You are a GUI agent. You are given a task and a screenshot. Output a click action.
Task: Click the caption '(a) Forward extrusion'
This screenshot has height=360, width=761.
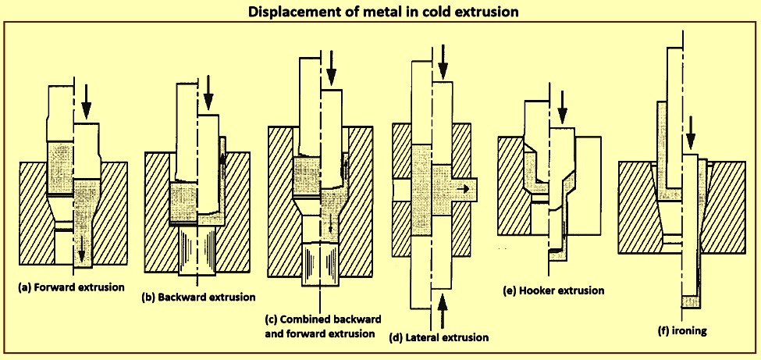(71, 287)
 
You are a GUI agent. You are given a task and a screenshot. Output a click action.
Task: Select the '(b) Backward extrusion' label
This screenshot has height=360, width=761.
(198, 297)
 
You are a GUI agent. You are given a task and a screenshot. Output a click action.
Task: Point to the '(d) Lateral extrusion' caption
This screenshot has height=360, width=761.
(439, 337)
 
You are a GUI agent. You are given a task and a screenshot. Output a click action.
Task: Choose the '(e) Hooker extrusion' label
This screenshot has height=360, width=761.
(554, 290)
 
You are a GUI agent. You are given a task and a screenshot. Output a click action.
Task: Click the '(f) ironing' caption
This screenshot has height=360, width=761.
(683, 330)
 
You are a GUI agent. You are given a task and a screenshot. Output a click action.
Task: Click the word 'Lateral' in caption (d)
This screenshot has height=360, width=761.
(425, 337)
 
